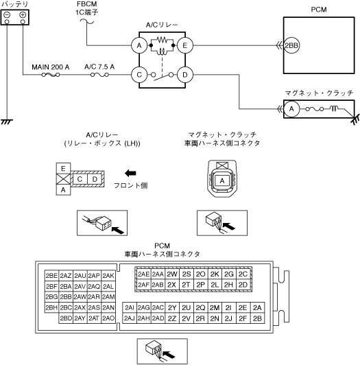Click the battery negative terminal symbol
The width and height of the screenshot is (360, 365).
coord(7,15)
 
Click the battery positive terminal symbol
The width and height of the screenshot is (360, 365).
coord(23,15)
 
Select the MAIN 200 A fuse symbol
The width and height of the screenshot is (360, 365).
coord(51,75)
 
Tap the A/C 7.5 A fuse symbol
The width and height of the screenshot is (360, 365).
coord(99,75)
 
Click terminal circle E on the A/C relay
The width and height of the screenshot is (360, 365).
coord(185,45)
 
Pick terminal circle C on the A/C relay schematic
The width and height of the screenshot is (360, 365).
coord(139,75)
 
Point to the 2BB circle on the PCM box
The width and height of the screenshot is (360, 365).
coord(291,45)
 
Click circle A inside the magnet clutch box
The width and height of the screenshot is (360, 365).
coord(291,108)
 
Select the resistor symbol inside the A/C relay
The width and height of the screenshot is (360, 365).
coord(162,40)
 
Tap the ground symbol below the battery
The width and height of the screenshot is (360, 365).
coord(7,121)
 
